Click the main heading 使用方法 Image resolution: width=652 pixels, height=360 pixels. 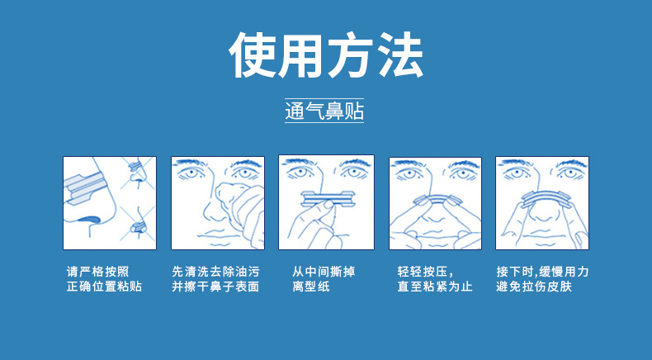coord(326,56)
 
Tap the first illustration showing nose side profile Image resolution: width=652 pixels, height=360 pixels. coord(111,202)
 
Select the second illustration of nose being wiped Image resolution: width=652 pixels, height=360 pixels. coord(218,202)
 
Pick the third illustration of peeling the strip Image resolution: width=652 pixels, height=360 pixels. coord(326,202)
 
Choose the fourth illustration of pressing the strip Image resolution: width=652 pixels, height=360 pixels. coord(434,202)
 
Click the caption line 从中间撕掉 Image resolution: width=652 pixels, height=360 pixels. coord(324,271)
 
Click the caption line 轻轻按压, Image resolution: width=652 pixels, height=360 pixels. coord(426,271)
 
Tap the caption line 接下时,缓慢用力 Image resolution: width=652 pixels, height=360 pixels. coord(542,271)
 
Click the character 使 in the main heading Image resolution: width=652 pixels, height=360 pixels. coord(253,56)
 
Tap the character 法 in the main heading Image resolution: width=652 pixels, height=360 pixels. coord(399,56)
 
